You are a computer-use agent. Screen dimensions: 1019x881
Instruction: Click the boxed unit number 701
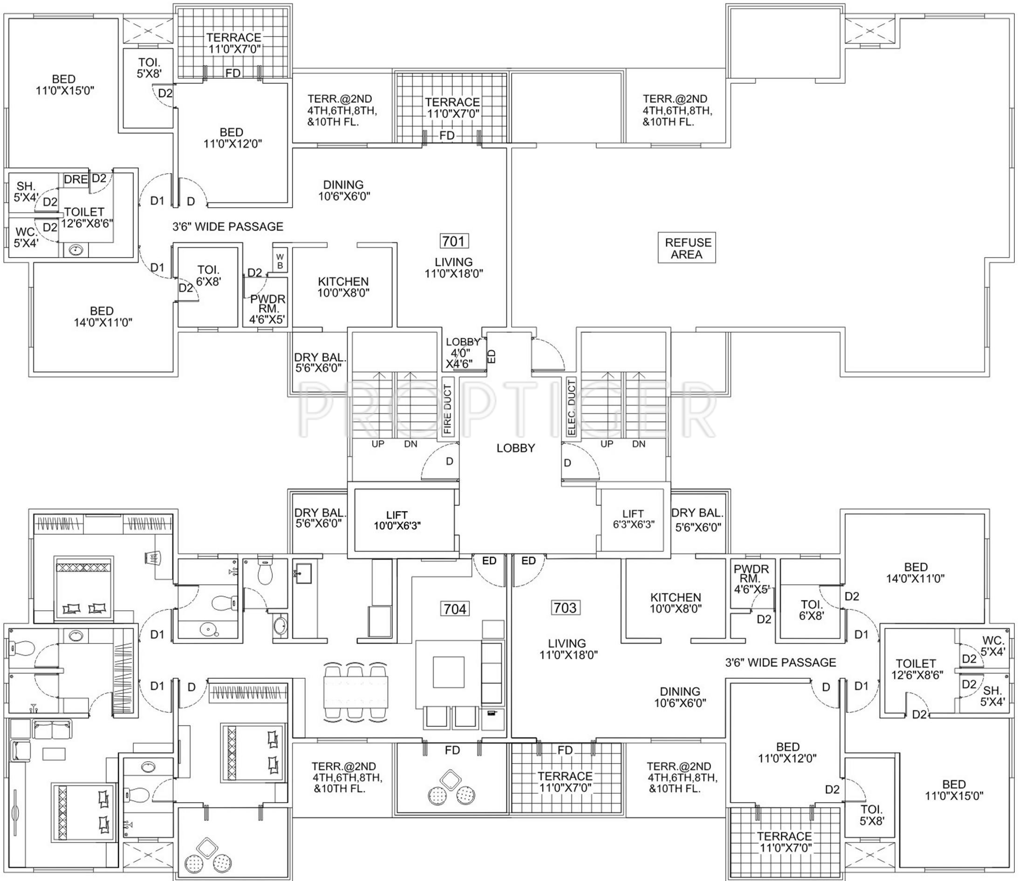pos(453,241)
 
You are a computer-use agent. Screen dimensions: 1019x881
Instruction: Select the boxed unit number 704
pos(455,609)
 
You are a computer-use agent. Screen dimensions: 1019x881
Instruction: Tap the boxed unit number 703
pos(565,608)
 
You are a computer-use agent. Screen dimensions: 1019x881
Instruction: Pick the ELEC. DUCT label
pos(571,407)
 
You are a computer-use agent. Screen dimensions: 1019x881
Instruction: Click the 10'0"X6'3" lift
pos(397,520)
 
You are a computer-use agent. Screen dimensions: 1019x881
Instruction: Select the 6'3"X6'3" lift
pos(633,519)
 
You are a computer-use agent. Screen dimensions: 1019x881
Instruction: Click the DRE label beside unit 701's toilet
pos(76,179)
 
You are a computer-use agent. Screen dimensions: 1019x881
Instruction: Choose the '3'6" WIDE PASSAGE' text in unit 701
pos(228,226)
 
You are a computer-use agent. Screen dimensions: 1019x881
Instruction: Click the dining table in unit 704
pos(356,693)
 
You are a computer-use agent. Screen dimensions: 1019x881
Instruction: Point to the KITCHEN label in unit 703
pos(676,597)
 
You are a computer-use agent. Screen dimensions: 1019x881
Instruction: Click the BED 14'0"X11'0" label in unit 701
pos(102,317)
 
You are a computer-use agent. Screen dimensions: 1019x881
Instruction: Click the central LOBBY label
pos(515,448)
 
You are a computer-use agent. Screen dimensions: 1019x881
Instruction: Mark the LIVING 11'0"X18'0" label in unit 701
pos(454,268)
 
